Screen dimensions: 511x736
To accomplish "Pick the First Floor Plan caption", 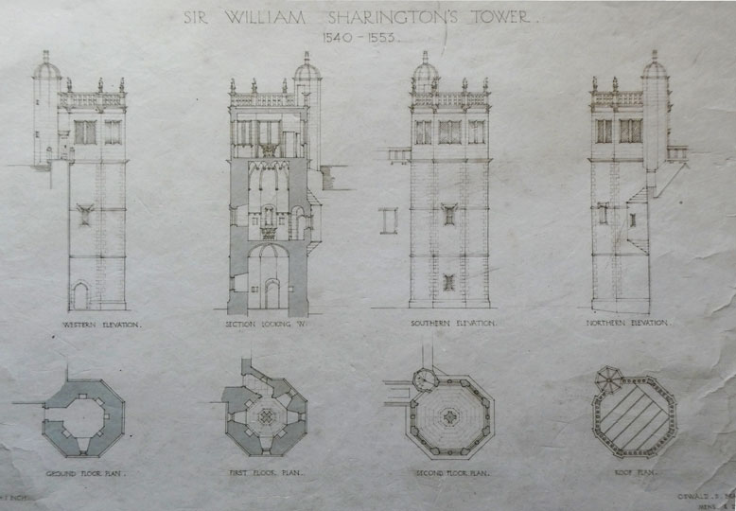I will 266,471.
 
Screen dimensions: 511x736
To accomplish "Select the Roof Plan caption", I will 632,471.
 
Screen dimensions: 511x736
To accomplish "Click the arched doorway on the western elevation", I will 80,296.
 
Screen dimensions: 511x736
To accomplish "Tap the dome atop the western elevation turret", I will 46,68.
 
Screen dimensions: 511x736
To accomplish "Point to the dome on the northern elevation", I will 655,68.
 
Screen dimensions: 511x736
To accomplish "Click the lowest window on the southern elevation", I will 449,282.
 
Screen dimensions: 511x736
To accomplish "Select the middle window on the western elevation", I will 84,215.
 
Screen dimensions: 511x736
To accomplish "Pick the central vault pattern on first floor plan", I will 266,416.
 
